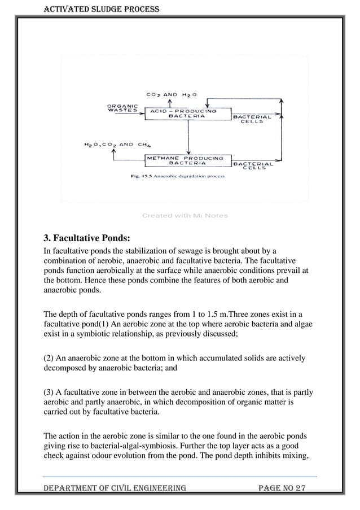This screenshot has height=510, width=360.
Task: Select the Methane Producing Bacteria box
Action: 185,161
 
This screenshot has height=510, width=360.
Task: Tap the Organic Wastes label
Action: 122,108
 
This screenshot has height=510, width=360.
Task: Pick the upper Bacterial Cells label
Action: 252,119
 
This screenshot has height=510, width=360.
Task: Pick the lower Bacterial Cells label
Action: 253,167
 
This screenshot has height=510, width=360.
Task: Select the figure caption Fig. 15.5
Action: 174,176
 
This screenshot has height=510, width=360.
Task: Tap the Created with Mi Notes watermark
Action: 185,215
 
